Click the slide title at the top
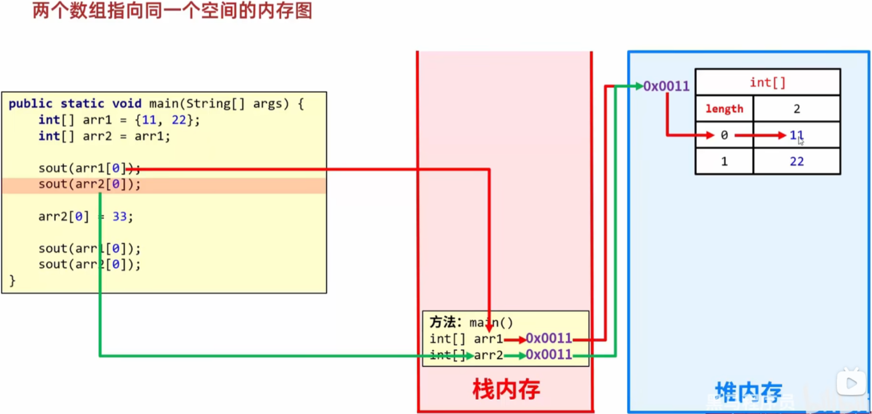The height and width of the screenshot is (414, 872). (172, 11)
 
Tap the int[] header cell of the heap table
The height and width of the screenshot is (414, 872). (767, 83)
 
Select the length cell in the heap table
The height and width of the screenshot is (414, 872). (724, 109)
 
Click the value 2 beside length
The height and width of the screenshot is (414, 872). (796, 109)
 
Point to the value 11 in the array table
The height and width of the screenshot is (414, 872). (796, 135)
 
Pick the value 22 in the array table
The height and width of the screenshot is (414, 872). (796, 161)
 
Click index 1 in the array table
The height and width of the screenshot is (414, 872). (724, 161)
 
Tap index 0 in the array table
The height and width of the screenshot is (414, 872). (724, 135)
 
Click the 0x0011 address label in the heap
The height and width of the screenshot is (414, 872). (666, 86)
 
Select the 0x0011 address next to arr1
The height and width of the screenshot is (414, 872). (549, 338)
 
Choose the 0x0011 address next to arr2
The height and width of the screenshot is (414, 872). (549, 355)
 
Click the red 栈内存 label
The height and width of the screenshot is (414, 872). (506, 390)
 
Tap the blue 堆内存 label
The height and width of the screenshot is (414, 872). (748, 392)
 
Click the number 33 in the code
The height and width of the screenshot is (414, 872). (119, 217)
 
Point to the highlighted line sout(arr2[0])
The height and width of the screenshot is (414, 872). (89, 185)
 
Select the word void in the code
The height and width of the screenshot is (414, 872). (127, 104)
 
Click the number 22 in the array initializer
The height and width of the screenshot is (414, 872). (179, 120)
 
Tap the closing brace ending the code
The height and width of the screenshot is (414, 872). (13, 280)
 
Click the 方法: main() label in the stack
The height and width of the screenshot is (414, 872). (471, 322)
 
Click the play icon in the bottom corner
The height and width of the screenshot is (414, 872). (851, 383)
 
